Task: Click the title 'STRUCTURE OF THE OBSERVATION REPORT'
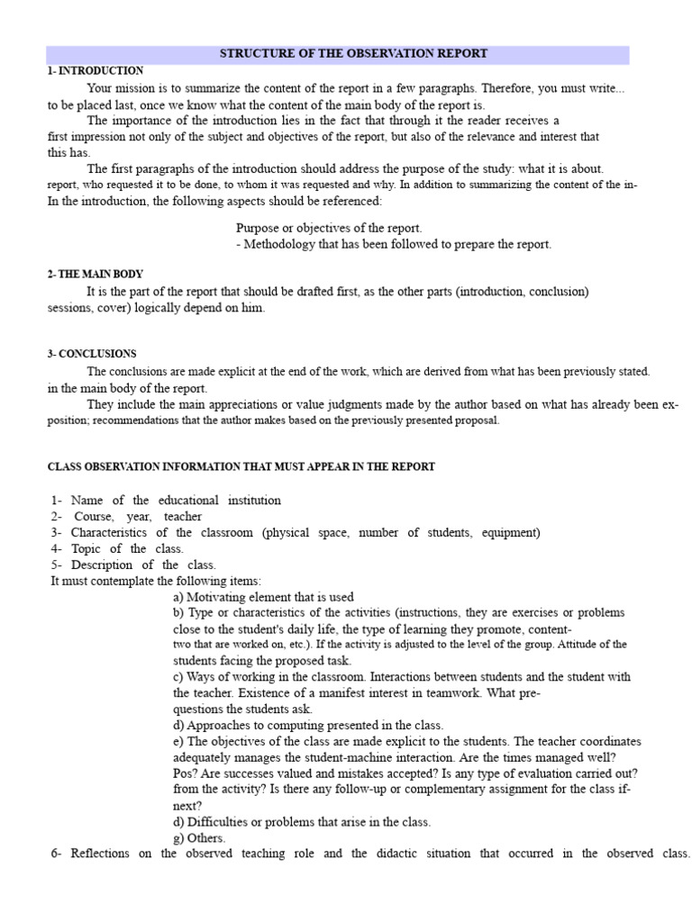click(353, 54)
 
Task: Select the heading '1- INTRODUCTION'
click(95, 70)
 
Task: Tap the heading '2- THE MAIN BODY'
click(95, 274)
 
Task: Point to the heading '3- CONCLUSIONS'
click(91, 354)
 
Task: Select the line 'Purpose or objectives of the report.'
click(328, 228)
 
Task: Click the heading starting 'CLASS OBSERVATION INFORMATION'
click(241, 466)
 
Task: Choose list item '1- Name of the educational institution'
click(166, 500)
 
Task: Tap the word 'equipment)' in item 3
click(510, 532)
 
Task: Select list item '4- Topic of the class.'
click(117, 548)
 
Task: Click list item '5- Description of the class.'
click(133, 565)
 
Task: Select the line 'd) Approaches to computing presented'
click(307, 725)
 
